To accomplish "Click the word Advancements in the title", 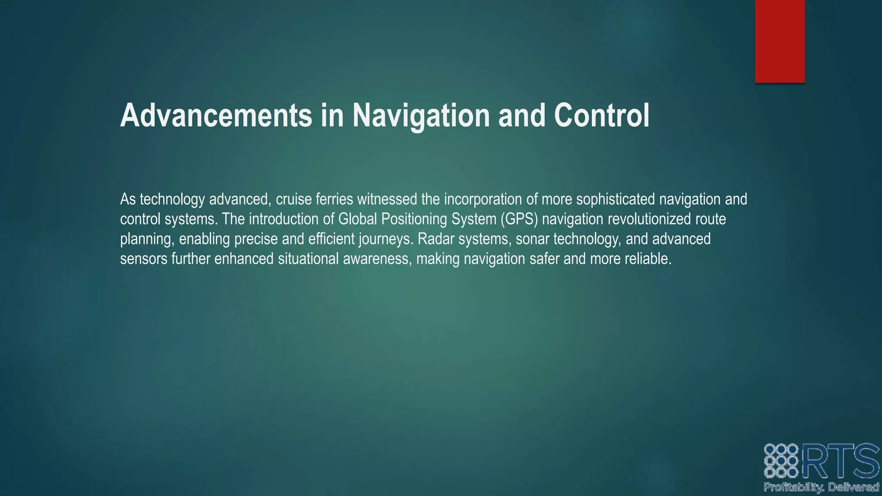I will (x=216, y=115).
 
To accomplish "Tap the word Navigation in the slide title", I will (x=421, y=115).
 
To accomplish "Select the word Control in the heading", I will (x=602, y=115).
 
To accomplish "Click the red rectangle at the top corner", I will (x=780, y=41).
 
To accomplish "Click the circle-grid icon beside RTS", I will (x=781, y=461).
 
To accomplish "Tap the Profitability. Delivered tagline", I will (x=821, y=487).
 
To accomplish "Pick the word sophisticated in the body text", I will (x=615, y=199).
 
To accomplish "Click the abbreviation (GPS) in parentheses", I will (x=519, y=219).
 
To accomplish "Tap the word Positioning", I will (x=414, y=219).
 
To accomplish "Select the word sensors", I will (x=143, y=259).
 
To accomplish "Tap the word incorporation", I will (x=487, y=199).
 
